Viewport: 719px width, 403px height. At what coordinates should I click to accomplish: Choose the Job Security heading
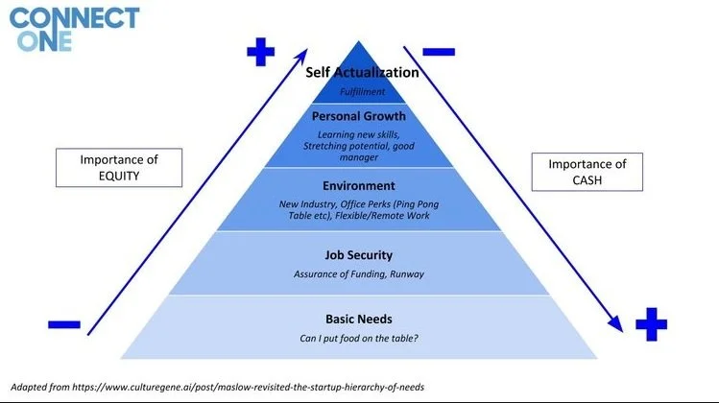[359, 255]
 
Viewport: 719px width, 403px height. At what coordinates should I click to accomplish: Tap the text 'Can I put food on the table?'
[359, 339]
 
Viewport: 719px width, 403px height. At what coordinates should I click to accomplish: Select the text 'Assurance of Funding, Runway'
[359, 274]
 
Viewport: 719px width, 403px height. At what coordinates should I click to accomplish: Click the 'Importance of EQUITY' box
[107, 168]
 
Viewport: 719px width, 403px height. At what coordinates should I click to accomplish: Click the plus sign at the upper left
[260, 52]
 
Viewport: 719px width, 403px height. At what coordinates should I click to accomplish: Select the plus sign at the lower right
[651, 324]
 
